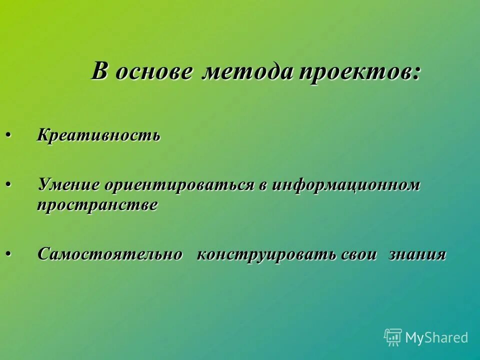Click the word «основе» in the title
[153, 73]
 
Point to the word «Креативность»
[98, 135]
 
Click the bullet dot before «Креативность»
[8, 135]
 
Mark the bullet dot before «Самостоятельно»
[8, 254]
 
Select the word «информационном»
[345, 185]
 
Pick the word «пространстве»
[97, 205]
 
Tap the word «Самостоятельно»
[110, 254]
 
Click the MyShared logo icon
[393, 337]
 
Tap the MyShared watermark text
[436, 338]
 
